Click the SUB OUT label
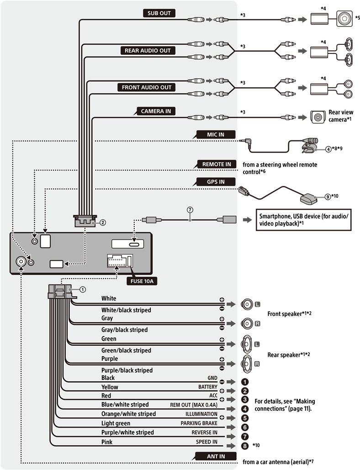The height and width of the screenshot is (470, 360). click(x=159, y=13)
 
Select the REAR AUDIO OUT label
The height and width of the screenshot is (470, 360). click(x=147, y=50)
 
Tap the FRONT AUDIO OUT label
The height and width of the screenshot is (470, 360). click(x=146, y=87)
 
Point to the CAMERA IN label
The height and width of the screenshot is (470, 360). click(x=158, y=111)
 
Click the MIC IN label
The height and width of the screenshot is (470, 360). click(x=216, y=134)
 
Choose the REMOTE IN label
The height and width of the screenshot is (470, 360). click(x=213, y=164)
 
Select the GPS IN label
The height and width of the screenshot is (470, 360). click(x=216, y=182)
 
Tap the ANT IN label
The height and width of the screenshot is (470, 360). click(x=216, y=456)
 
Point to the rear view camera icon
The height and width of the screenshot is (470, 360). click(x=317, y=117)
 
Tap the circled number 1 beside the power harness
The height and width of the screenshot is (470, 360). click(x=83, y=289)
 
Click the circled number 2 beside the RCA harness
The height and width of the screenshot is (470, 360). click(x=103, y=223)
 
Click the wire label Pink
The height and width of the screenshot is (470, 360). click(x=107, y=442)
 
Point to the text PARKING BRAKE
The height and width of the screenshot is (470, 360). click(x=199, y=423)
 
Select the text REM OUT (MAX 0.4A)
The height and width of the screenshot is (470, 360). click(x=194, y=405)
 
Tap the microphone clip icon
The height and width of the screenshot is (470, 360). click(x=307, y=148)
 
